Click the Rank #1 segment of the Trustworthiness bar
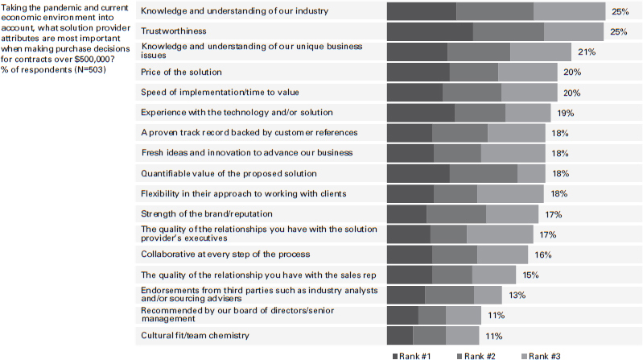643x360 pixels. pos(430,31)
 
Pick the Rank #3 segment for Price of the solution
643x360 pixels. pos(527,72)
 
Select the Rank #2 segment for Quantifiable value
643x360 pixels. pos(483,173)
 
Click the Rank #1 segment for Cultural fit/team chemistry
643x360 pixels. pos(400,335)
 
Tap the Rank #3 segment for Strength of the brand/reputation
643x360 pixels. pos(512,214)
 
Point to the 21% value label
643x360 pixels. pos(586,52)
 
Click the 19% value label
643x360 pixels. pos(565,113)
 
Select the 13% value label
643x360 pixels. pos(517,295)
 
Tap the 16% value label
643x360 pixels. pos(542,254)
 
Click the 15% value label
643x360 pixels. pos(531,275)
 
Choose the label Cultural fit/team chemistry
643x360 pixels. pos(194,335)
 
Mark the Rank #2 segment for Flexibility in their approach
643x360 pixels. pos(455,193)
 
